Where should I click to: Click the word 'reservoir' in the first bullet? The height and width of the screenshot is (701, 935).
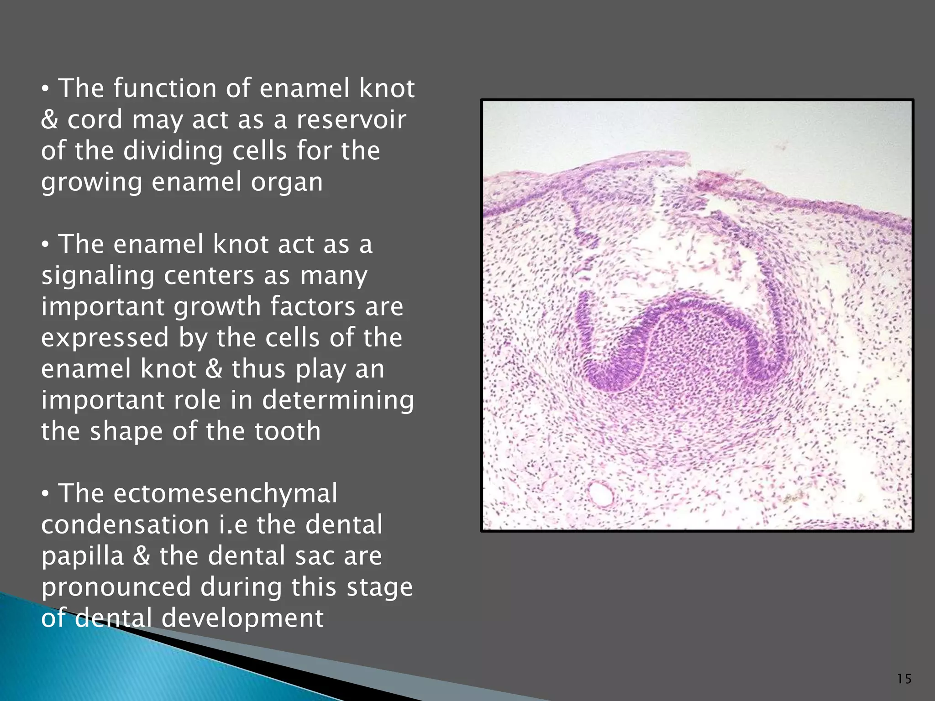(351, 120)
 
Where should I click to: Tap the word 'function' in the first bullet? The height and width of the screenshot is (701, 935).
(165, 88)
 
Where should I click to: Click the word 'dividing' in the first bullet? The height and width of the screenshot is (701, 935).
(173, 151)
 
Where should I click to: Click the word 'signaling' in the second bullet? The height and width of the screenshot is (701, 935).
(97, 276)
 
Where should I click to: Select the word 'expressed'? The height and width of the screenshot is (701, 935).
(105, 338)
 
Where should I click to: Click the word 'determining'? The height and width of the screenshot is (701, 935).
(338, 400)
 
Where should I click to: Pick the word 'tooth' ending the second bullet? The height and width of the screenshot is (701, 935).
(288, 431)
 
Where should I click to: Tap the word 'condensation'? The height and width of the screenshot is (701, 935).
(125, 525)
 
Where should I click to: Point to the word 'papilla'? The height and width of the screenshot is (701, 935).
(83, 556)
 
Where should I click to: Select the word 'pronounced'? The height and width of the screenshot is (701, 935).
(116, 587)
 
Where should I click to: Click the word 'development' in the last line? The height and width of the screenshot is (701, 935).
(242, 618)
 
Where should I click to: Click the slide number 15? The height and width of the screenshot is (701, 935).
(904, 679)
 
